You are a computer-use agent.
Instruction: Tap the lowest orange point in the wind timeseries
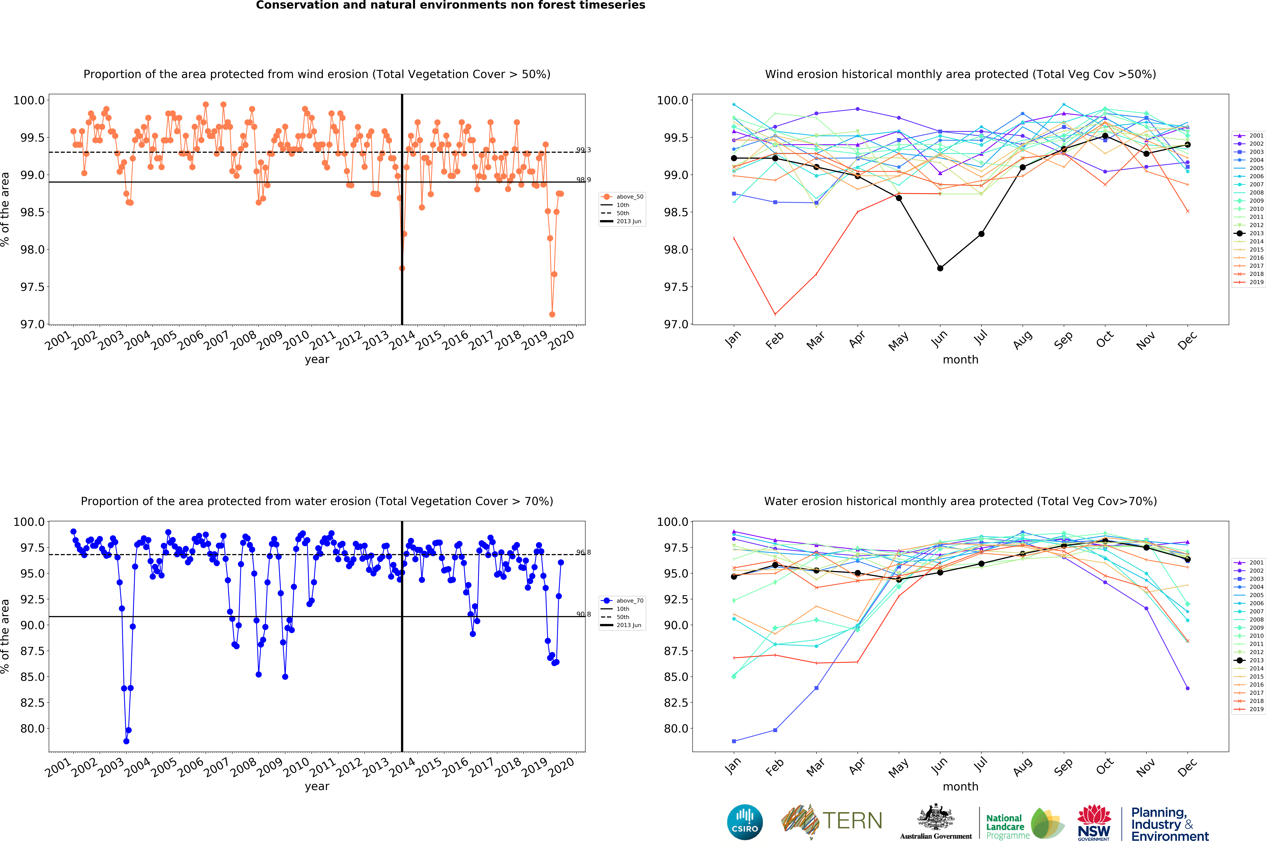tap(552, 314)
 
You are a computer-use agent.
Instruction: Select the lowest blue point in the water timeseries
tap(126, 741)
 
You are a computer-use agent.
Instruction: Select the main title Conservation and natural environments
tap(451, 5)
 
